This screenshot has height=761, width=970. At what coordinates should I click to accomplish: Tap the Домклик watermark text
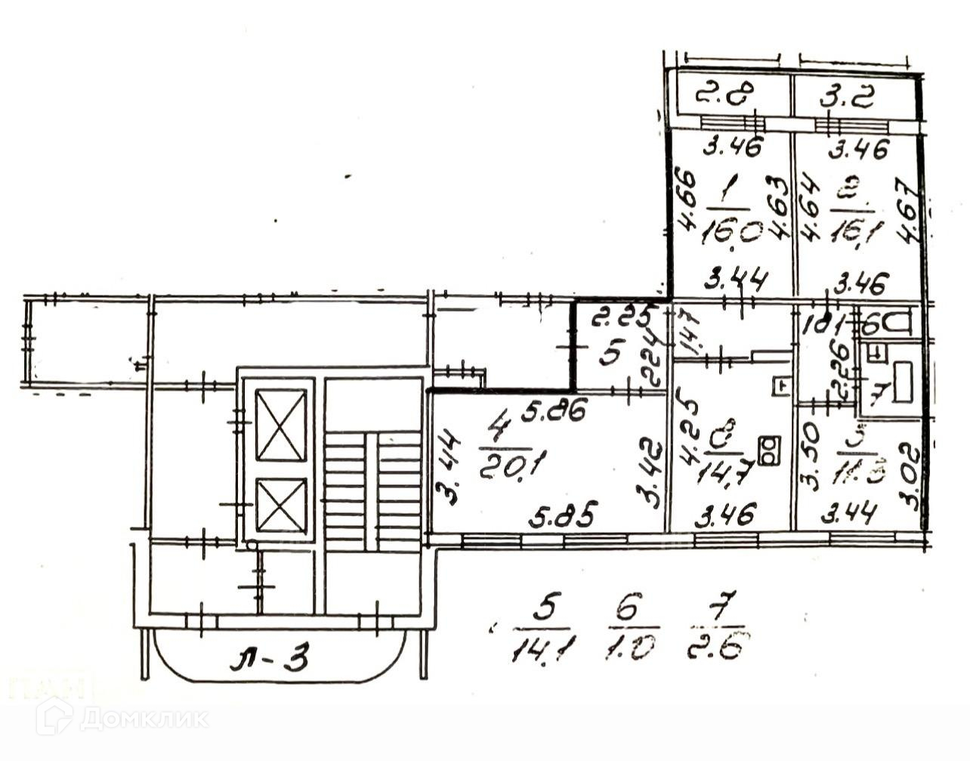[144, 716]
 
